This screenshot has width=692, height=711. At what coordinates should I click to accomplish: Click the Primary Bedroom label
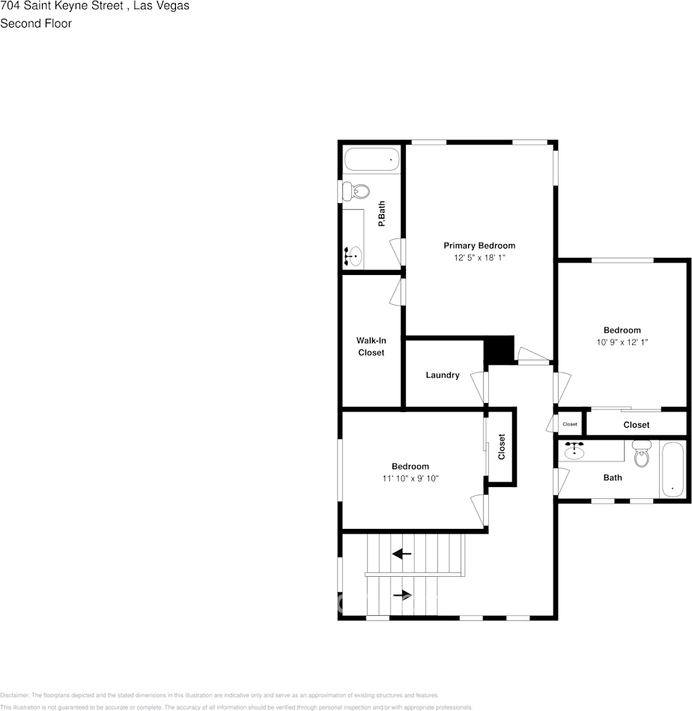(x=479, y=246)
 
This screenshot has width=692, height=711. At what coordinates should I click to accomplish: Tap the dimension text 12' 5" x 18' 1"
(x=479, y=258)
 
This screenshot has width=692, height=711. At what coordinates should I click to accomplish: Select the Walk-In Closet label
(x=371, y=346)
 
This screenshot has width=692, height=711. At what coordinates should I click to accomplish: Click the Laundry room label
(x=443, y=375)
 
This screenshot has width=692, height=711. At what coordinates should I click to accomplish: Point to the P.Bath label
(x=381, y=216)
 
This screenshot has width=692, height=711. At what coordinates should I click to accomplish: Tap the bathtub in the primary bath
(x=372, y=159)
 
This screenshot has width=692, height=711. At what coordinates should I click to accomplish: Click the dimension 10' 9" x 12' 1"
(x=622, y=342)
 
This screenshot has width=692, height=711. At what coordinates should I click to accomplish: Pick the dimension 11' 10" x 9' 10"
(x=410, y=478)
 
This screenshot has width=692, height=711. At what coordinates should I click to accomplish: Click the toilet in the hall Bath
(x=642, y=453)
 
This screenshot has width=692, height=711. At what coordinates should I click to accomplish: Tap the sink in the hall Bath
(x=575, y=451)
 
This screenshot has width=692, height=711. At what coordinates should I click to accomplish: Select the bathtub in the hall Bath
(x=672, y=469)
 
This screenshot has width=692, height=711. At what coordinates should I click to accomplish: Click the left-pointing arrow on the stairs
(x=402, y=554)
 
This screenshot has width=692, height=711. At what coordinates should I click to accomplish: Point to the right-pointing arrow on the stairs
(x=403, y=596)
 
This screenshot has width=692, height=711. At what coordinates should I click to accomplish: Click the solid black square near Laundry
(x=500, y=349)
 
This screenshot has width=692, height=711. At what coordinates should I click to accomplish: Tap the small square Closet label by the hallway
(x=570, y=424)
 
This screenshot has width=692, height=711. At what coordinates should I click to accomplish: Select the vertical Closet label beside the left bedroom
(x=503, y=447)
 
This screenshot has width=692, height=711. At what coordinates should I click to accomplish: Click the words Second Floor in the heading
(x=36, y=23)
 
